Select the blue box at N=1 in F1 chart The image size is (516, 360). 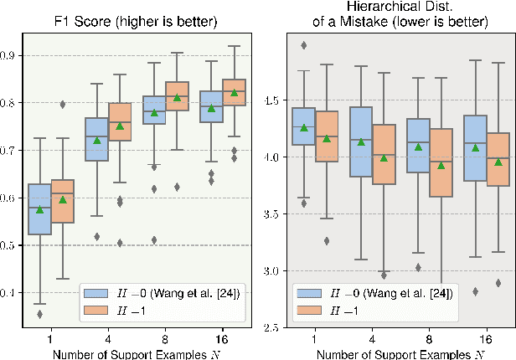[x=39, y=209]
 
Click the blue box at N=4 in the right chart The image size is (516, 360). [x=361, y=141]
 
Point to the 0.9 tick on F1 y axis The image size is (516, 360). [x=13, y=55]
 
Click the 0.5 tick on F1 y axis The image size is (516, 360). [x=13, y=245]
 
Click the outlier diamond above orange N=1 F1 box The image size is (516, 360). [x=63, y=105]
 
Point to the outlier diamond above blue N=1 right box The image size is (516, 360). [x=303, y=45]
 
